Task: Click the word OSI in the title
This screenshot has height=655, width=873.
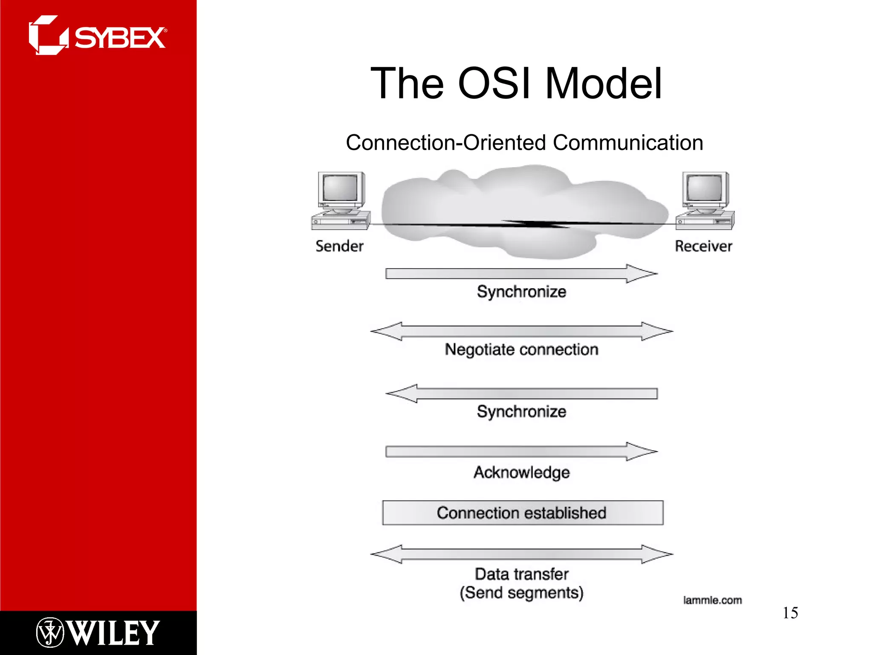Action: [494, 84]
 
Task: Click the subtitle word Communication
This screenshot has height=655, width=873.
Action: [628, 143]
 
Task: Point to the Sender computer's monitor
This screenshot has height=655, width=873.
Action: [340, 188]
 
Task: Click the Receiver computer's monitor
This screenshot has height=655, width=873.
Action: [705, 188]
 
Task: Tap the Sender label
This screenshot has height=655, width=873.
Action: [339, 246]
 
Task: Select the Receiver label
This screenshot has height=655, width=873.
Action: [703, 246]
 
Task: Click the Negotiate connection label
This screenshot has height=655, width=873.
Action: [521, 350]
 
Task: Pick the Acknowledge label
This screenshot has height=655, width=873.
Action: [521, 472]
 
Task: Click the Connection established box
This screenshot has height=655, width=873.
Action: [523, 513]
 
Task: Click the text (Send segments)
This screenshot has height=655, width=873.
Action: [521, 593]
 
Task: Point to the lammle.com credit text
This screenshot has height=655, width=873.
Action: [712, 600]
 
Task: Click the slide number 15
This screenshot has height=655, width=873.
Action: [790, 613]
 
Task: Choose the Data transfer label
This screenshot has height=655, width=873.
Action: [521, 574]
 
